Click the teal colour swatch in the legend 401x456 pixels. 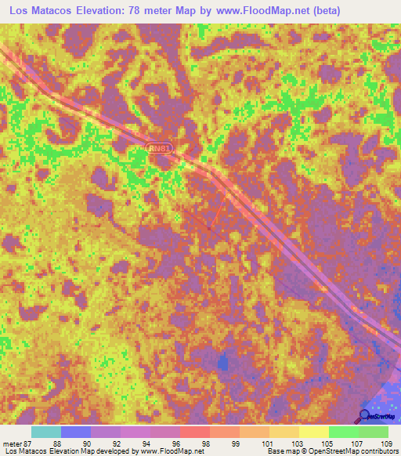pos(45,432)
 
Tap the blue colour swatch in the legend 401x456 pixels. pos(75,432)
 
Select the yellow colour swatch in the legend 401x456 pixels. pos(313,432)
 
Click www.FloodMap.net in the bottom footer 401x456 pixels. pos(168,452)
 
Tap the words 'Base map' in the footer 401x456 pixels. pos(279,452)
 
